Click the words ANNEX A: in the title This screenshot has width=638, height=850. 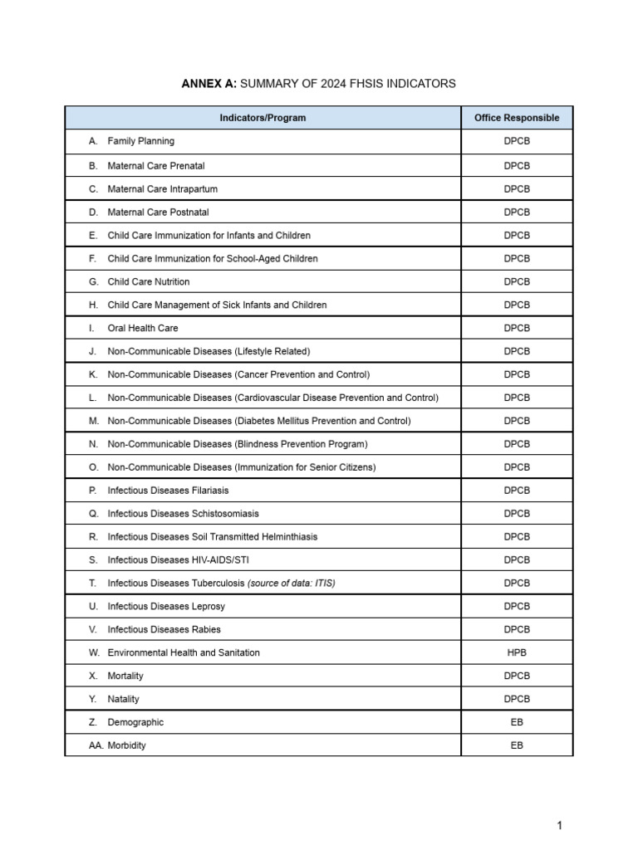pos(209,84)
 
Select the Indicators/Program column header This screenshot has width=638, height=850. pos(263,118)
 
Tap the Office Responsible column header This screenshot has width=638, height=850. pos(517,118)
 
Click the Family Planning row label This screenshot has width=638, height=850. pos(140,141)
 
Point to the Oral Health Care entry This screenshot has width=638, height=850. pos(142,328)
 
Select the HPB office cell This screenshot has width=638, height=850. pos(517,652)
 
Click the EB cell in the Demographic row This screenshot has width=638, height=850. pos(517,722)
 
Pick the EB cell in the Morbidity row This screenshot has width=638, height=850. pos(517,745)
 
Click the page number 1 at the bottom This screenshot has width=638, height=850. pos(560,825)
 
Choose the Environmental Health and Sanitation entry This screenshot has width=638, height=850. pos(184,652)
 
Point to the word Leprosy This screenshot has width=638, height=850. pos(209,607)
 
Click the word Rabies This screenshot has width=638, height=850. pos(206,629)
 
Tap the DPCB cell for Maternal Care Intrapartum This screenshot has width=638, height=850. pos(517,189)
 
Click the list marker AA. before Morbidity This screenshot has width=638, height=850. pos(96,745)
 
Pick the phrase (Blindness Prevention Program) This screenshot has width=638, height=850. pos(302,444)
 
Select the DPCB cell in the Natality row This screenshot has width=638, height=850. pos(517,699)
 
